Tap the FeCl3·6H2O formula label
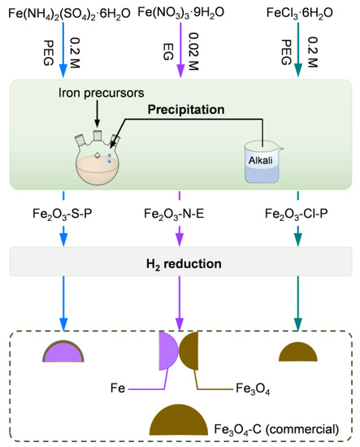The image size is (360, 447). pos(309,13)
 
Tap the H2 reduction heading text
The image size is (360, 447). pos(179,263)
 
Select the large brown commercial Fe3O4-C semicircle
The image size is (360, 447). pos(179,423)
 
